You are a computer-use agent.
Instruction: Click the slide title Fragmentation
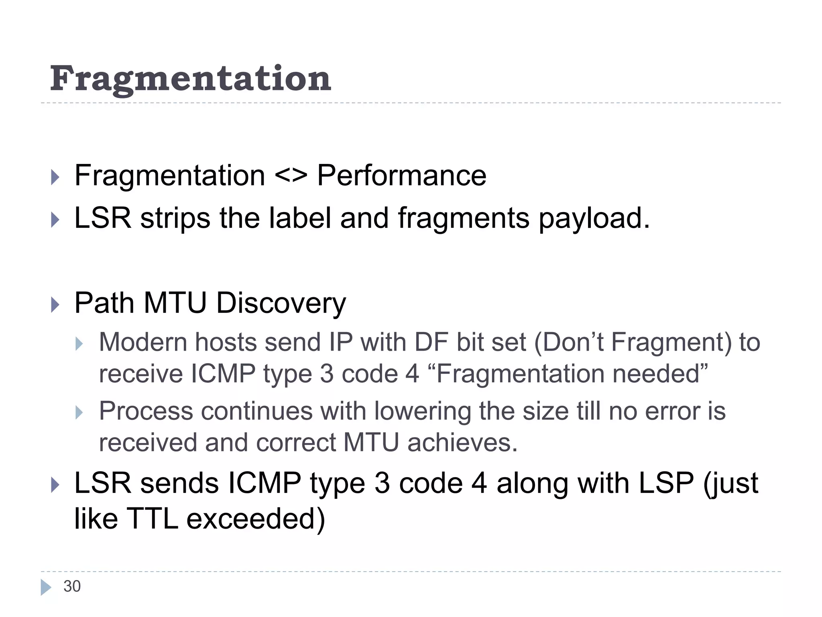(x=190, y=79)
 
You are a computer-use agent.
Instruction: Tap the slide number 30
(x=72, y=586)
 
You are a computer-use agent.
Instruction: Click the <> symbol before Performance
(x=291, y=176)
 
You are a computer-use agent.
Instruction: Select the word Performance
(x=401, y=176)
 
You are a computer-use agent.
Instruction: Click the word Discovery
(x=281, y=303)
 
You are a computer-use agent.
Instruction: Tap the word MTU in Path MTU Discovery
(x=175, y=303)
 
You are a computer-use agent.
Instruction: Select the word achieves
(x=462, y=443)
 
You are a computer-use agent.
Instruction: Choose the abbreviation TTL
(x=152, y=519)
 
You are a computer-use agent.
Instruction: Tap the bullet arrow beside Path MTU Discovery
(x=55, y=304)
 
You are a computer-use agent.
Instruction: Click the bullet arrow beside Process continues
(x=79, y=413)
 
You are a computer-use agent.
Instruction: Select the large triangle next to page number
(x=46, y=587)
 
